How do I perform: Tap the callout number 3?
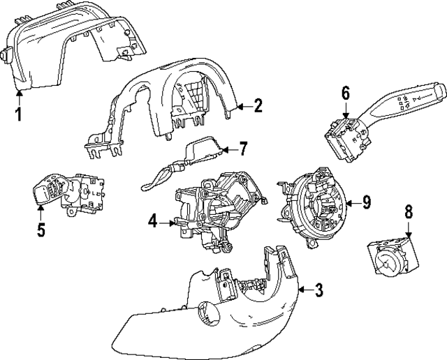[x=318, y=290]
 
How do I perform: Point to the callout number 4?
[x=152, y=223]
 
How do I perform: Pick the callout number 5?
[x=41, y=230]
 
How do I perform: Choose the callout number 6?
[x=345, y=93]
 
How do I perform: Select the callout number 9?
[x=366, y=202]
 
